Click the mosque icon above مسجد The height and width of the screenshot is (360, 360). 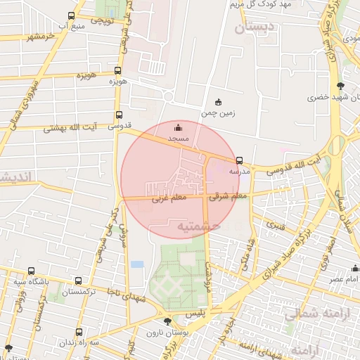coord(178,127)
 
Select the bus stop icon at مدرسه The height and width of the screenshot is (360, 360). coord(240,160)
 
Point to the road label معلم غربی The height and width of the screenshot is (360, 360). coord(169,199)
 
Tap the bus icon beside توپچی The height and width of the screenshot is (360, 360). coord(71,15)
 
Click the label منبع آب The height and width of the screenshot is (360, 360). coord(73,27)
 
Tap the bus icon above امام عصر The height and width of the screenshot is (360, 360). coord(355,269)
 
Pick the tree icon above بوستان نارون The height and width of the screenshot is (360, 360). coord(167,321)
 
